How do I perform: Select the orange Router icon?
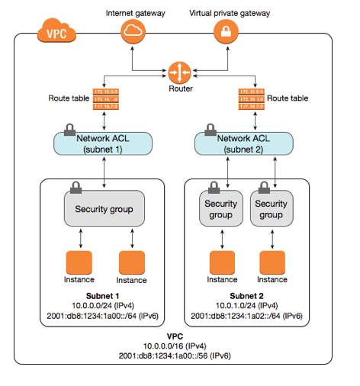pos(178,72)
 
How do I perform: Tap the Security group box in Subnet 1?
pos(103,209)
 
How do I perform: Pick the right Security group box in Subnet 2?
pos(271,209)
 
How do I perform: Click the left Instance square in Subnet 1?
pos(79,262)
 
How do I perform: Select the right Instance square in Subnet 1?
pos(133,262)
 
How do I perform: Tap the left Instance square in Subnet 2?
pos(221,262)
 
